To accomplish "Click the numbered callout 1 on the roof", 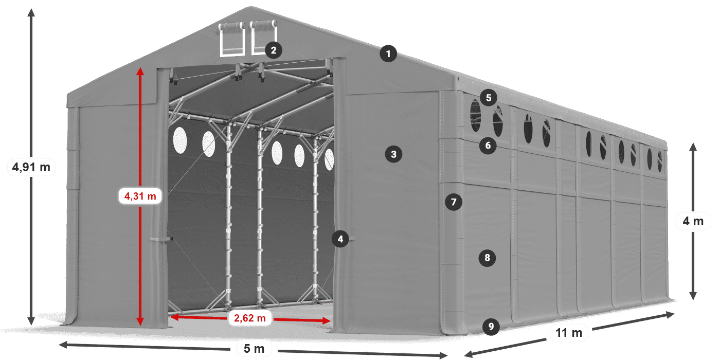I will click(389, 53).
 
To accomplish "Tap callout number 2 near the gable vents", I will click(273, 50).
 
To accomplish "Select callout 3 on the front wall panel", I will click(393, 154).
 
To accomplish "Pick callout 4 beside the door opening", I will click(340, 239).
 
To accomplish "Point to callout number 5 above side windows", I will click(488, 97).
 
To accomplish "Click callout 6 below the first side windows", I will click(488, 146).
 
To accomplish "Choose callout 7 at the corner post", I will click(453, 202).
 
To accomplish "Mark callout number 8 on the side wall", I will click(487, 258).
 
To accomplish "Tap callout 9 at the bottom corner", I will click(491, 326).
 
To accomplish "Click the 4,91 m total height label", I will click(31, 167).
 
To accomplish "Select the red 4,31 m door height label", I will click(140, 195).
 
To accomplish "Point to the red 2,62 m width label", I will click(249, 318).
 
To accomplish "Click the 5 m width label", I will click(254, 349).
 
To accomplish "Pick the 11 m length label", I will click(569, 333).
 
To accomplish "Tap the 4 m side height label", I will click(693, 222).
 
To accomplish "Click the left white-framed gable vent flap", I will click(232, 40).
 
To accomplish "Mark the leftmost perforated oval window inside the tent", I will click(179, 139).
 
